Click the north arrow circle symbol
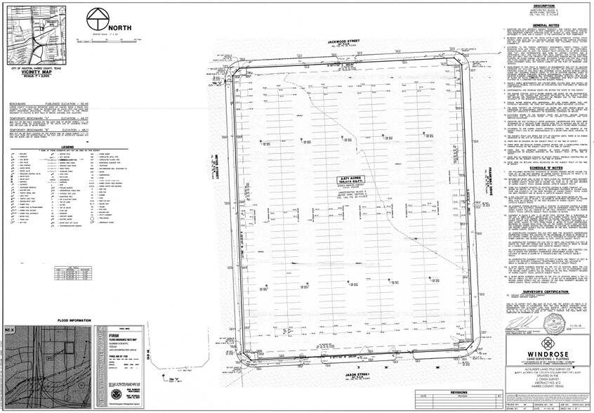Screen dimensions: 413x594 click(98, 20)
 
